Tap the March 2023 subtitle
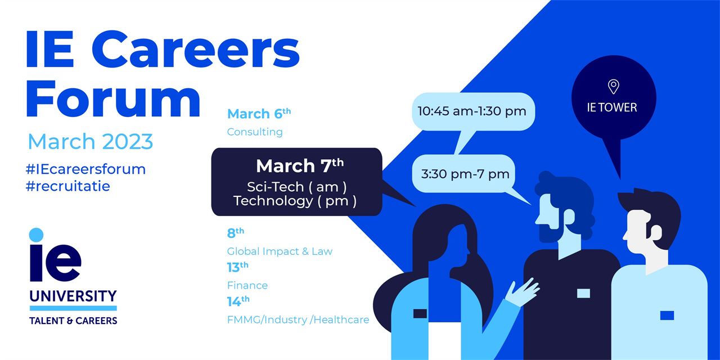pos(90,141)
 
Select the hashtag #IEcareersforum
pos(86,169)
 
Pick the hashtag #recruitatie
pos(68,186)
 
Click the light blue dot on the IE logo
pos(36,235)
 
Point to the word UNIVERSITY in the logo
pos(73,296)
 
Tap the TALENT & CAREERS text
pos(73,321)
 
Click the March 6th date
pos(259,114)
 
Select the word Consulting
pos(255,132)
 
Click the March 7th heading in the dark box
pos(299,166)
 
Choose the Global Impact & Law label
pos(280,251)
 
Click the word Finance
pos(247,285)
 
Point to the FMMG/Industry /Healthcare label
pos(298,320)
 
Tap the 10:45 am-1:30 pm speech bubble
pos(472,111)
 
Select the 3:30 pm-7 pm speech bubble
pos(465,174)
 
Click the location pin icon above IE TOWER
pos(613,87)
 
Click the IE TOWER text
pos(612,107)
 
